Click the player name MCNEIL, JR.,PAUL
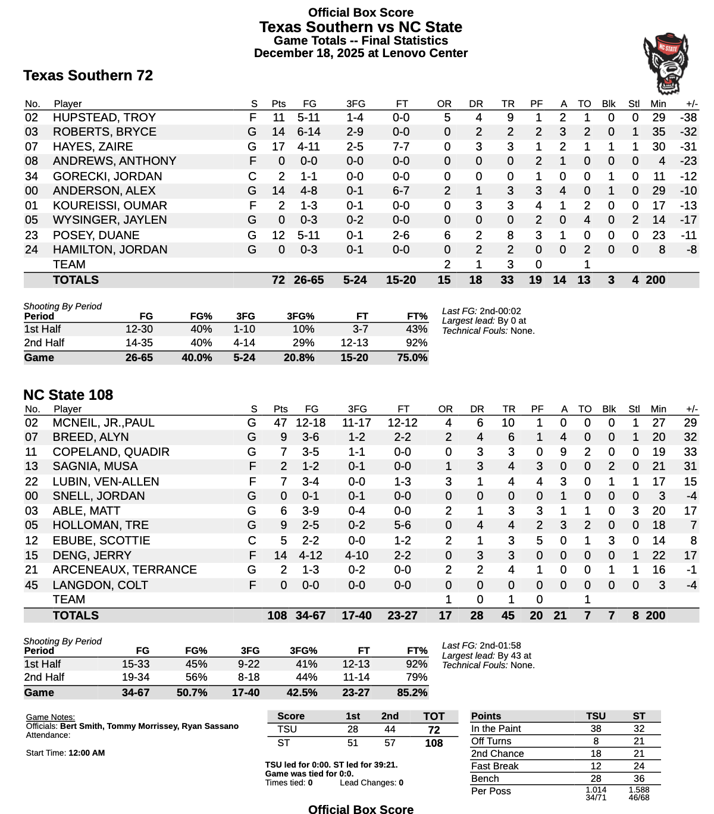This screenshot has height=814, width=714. click(104, 423)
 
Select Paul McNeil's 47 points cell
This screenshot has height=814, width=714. click(280, 423)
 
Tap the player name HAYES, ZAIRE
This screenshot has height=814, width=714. click(93, 147)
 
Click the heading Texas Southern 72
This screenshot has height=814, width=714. click(88, 76)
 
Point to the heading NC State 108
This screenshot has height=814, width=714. click(68, 395)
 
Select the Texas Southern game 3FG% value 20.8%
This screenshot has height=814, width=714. click(300, 358)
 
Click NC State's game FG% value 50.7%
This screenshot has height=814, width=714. click(192, 693)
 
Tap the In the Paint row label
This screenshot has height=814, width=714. click(496, 729)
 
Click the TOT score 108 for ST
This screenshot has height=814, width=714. click(434, 743)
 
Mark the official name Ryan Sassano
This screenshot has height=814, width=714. click(211, 727)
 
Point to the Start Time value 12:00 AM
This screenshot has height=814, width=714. click(87, 753)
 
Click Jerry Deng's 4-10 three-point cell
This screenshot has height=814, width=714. click(356, 556)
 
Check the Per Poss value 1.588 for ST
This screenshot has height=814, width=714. click(639, 790)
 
